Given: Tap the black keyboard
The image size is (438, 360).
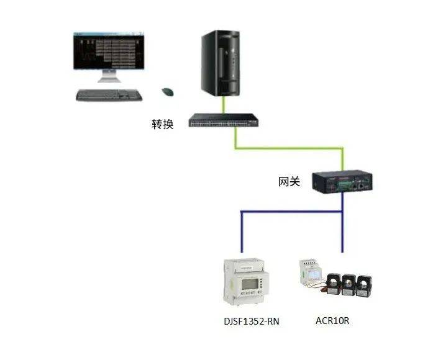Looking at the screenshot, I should pos(109,95).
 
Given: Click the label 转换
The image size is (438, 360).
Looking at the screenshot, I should pos(163,124).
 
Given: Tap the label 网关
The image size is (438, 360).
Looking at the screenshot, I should pos(289,182).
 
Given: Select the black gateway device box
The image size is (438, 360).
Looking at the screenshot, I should pos(342,181).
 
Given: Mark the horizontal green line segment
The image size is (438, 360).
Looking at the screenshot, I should pos(289,148).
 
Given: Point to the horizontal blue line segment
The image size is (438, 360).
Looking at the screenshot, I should pos(292,212).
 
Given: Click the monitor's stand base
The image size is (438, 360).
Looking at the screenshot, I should pos(108,79).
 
